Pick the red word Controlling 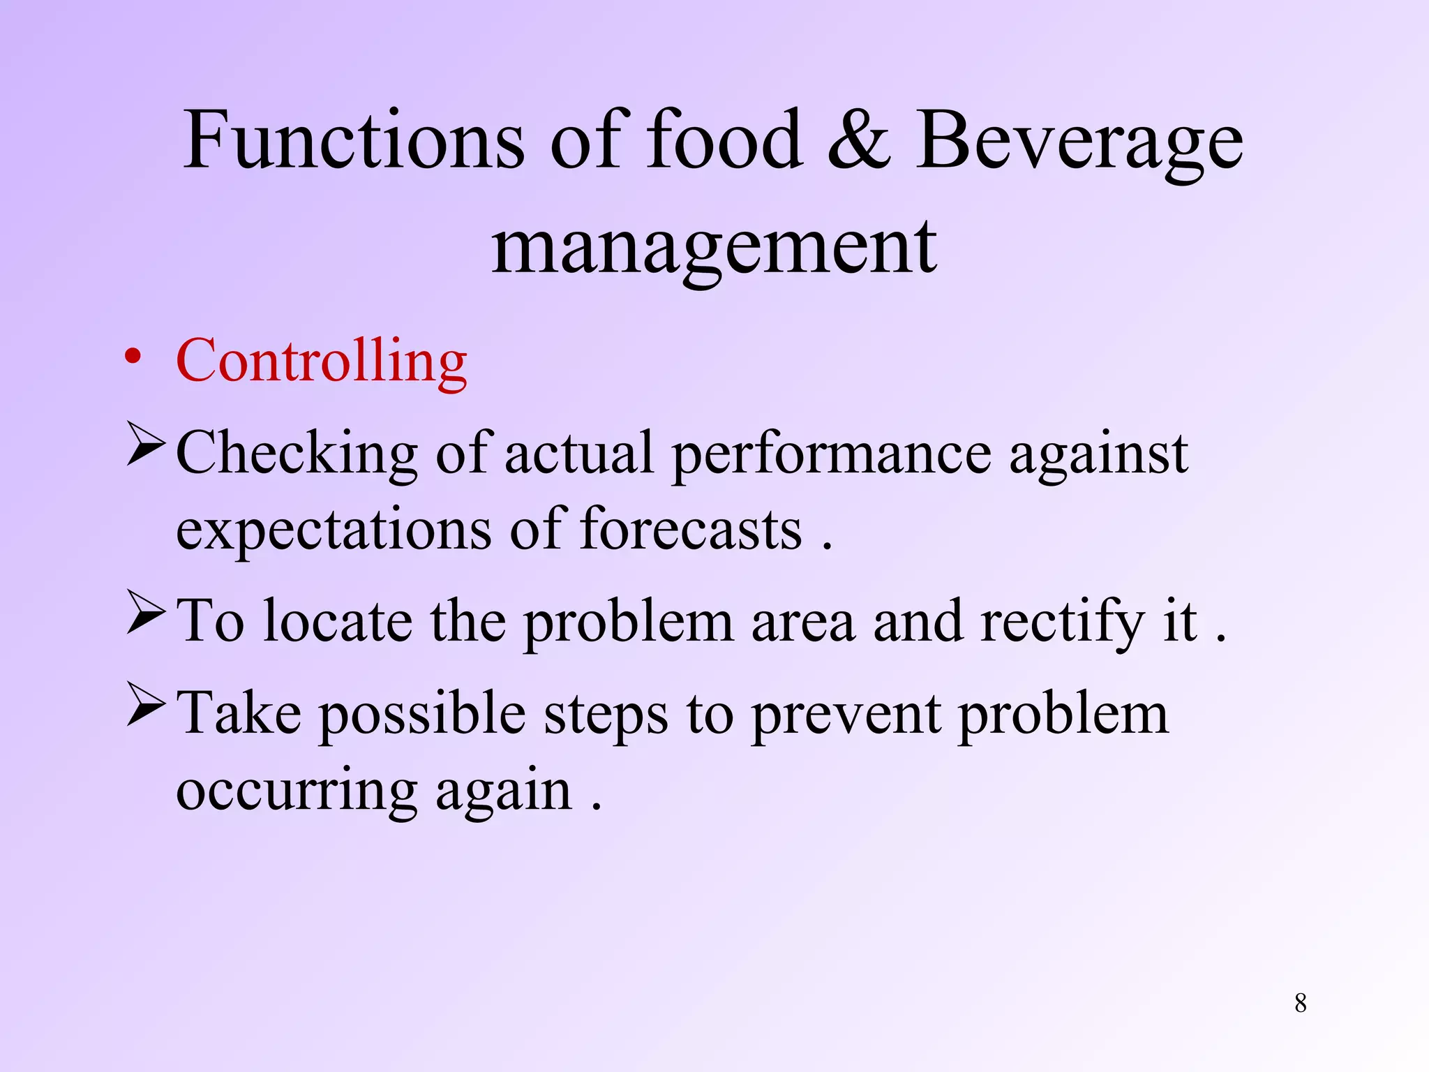point(322,362)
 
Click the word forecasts point(691,529)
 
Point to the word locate point(338,620)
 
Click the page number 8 point(1301,1003)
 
